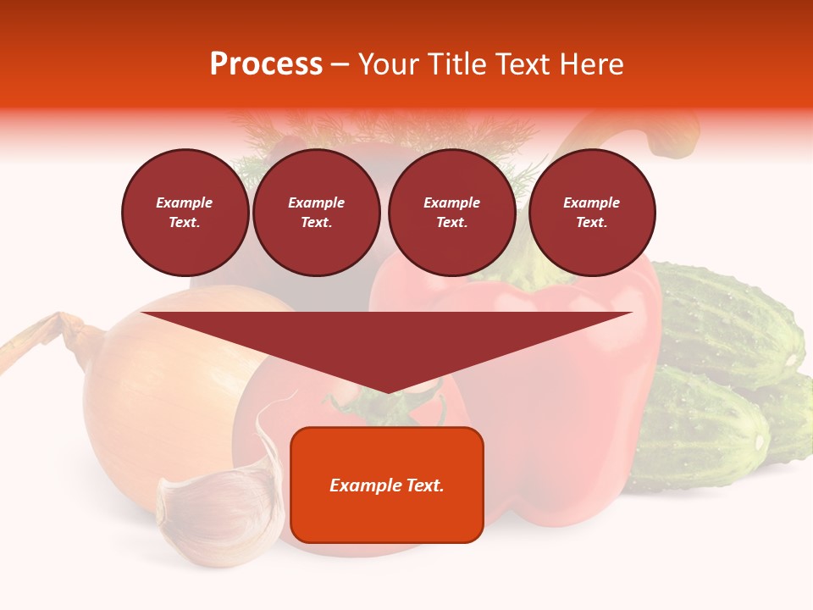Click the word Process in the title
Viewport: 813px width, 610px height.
click(x=266, y=64)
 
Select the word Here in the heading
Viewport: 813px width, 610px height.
click(x=591, y=64)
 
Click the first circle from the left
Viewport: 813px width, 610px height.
click(x=185, y=212)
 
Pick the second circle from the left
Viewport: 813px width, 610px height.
click(x=316, y=212)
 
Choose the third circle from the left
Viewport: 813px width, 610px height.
click(x=451, y=212)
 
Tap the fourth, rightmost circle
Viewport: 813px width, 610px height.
click(x=592, y=212)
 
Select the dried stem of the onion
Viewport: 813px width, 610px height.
click(x=51, y=335)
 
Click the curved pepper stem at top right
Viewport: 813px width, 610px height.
click(x=669, y=136)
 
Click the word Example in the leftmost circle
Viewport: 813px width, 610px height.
click(x=185, y=202)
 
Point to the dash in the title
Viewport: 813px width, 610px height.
click(x=340, y=65)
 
